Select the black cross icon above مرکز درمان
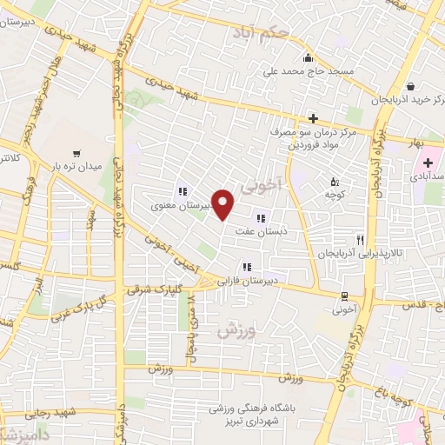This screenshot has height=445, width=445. [314, 118]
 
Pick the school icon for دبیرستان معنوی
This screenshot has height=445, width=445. [182, 192]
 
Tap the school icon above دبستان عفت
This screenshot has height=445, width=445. [261, 218]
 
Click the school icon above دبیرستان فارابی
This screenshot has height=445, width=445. [248, 267]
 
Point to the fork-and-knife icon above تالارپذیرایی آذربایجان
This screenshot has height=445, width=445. [360, 239]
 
